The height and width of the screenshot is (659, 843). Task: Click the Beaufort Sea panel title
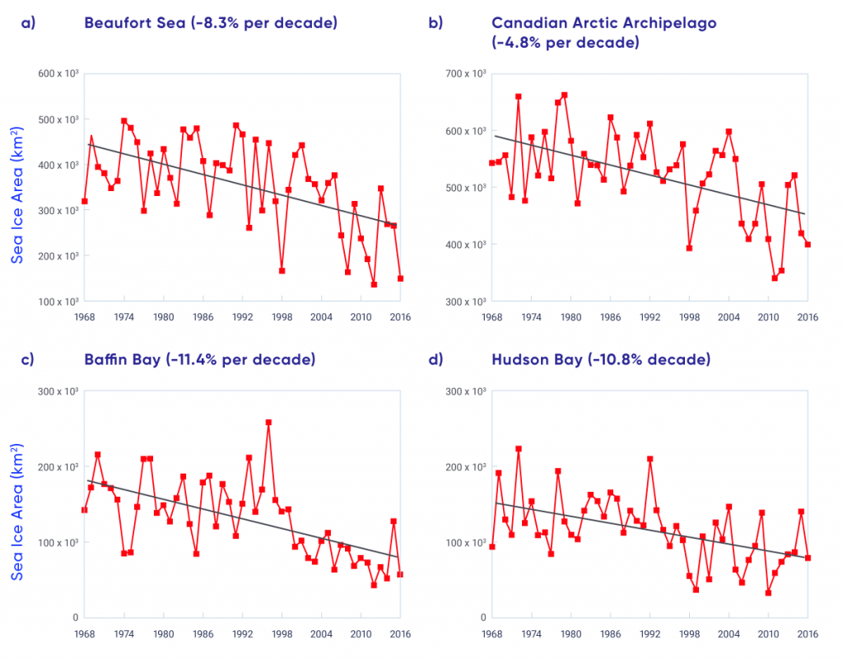click(x=210, y=23)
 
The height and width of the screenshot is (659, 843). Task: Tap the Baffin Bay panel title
click(x=200, y=360)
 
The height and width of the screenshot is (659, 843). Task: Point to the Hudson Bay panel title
click(x=601, y=360)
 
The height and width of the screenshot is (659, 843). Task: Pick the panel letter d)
click(x=436, y=360)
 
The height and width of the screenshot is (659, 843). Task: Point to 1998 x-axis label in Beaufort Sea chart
click(x=282, y=316)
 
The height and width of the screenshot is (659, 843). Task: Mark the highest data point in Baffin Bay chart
click(x=268, y=423)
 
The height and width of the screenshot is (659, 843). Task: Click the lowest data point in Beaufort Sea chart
click(x=374, y=284)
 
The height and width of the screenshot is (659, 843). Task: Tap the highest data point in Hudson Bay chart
click(x=519, y=449)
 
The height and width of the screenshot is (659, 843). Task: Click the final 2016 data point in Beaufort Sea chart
click(x=400, y=278)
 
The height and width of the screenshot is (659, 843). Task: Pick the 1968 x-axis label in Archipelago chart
click(x=491, y=316)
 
